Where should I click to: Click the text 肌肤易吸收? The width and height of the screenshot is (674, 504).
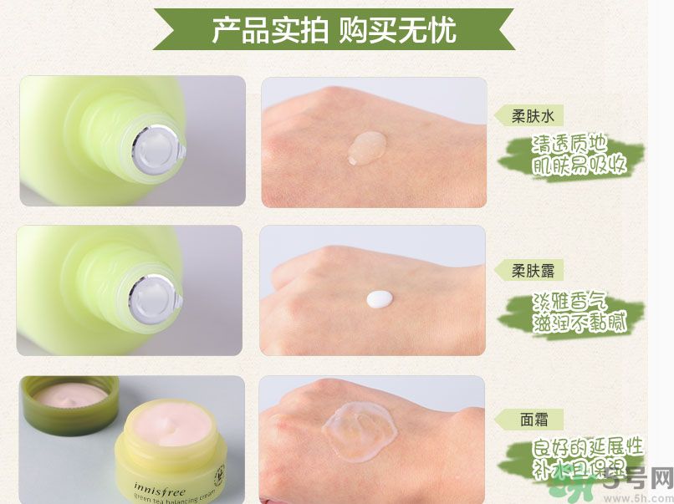[x=580, y=165]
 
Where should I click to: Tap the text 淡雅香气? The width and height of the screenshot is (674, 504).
[x=570, y=301]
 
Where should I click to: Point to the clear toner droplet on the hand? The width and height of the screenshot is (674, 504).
[x=366, y=147]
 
